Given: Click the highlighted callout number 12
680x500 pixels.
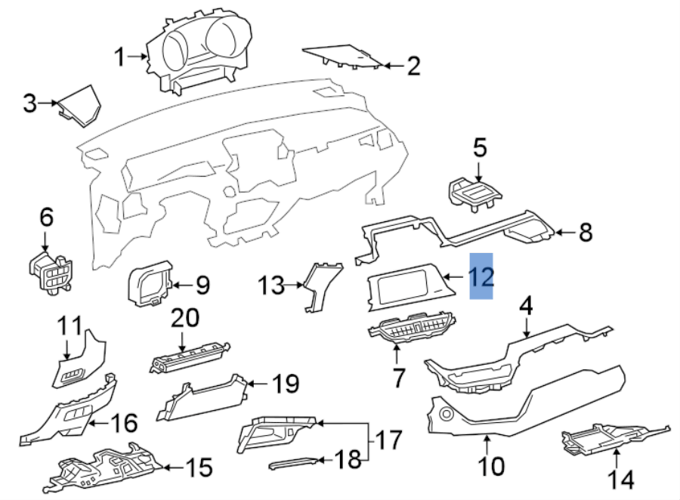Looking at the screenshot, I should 481,276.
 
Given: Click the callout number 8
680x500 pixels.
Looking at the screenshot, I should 586,233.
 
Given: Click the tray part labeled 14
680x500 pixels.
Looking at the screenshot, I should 608,437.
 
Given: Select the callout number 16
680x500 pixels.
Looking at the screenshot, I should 125,422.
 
